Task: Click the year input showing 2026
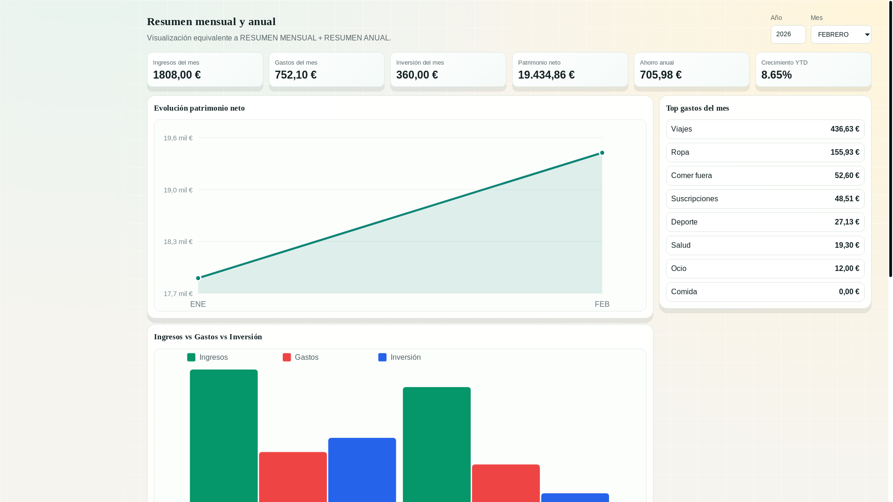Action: (x=788, y=34)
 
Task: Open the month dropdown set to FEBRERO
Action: (x=840, y=34)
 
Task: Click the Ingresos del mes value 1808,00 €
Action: (x=177, y=75)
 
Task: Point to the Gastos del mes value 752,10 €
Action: (x=296, y=75)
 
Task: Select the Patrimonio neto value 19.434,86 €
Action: (x=546, y=75)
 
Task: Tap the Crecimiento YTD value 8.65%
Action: (x=776, y=75)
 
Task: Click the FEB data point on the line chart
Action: (x=602, y=153)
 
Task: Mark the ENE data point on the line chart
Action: (x=198, y=278)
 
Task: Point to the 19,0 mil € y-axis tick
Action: (x=178, y=190)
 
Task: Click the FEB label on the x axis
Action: (x=602, y=304)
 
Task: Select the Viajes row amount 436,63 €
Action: (x=845, y=129)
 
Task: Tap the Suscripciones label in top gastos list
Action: (x=694, y=199)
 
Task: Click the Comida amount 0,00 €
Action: (x=849, y=292)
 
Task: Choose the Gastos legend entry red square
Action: (x=287, y=357)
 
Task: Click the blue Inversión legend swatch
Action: (x=382, y=357)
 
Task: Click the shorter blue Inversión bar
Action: (x=575, y=497)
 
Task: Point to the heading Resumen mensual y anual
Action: (x=211, y=21)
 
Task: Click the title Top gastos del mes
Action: (x=697, y=108)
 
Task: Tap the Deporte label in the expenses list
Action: (x=684, y=222)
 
